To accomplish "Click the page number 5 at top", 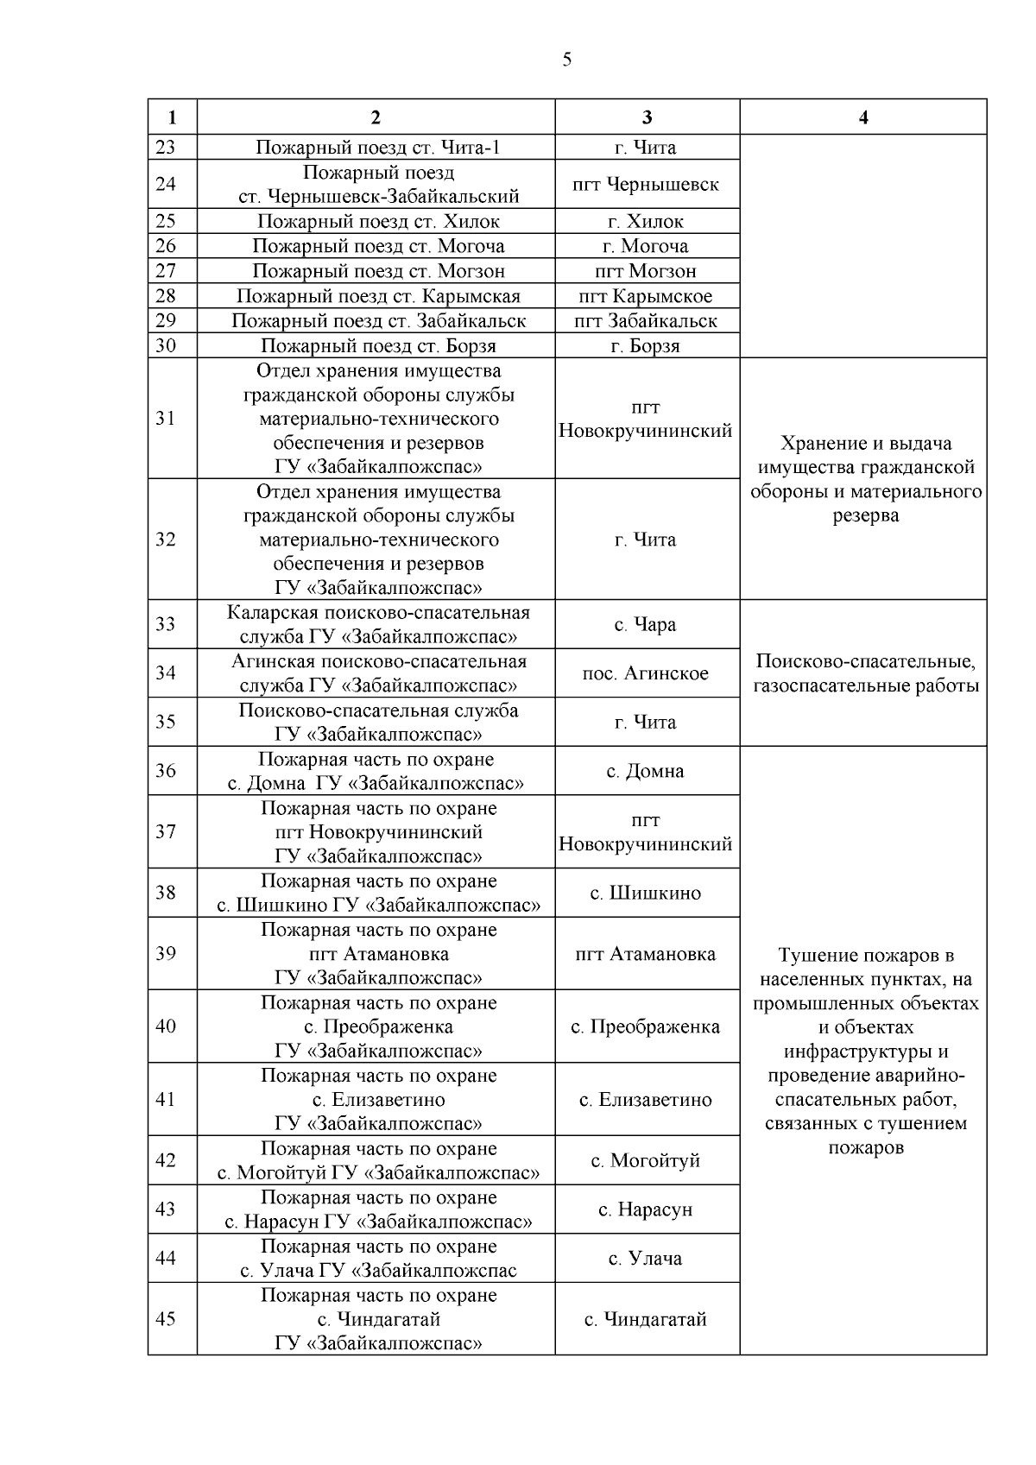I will click(x=566, y=60).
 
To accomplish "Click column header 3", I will click(x=647, y=118).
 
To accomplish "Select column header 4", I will click(x=863, y=118).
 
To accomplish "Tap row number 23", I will click(x=165, y=148).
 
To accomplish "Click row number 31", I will click(x=165, y=419).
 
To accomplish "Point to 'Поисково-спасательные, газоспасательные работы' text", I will click(x=865, y=674).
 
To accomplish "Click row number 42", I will click(x=165, y=1160).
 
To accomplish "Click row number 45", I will click(x=165, y=1319).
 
